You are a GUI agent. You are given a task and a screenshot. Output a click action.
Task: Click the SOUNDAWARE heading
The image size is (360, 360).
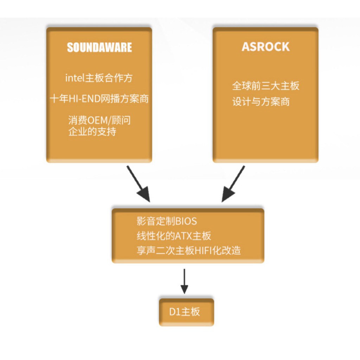[x=99, y=47]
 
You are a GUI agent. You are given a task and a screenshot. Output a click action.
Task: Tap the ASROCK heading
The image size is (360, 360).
[x=265, y=47]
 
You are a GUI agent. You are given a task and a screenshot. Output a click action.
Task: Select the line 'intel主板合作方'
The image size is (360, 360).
[x=99, y=78]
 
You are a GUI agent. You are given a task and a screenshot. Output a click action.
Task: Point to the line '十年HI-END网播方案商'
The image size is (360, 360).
[x=99, y=99]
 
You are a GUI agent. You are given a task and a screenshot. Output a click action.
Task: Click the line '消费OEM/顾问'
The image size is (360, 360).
[x=99, y=121]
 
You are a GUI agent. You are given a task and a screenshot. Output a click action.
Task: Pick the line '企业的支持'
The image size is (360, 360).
[x=92, y=132]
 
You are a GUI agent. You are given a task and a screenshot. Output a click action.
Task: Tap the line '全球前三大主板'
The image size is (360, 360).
[x=265, y=86]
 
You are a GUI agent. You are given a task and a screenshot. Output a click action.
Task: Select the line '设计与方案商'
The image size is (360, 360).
[x=261, y=102]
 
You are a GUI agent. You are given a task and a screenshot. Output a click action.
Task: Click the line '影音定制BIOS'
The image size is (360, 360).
[x=167, y=221]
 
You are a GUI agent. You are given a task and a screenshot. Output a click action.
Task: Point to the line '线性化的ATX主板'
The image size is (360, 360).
[x=174, y=236]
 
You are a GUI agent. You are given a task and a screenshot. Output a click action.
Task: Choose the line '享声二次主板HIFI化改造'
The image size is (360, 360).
[x=189, y=250]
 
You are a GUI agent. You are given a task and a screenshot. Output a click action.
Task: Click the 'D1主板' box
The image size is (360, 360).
[x=186, y=312]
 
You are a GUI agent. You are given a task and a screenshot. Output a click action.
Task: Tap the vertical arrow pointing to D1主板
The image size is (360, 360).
[x=184, y=281]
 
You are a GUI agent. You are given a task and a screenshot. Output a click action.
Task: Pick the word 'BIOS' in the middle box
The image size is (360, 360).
[x=186, y=221]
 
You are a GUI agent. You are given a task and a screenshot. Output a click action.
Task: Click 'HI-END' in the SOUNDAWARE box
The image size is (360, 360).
[x=84, y=99]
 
